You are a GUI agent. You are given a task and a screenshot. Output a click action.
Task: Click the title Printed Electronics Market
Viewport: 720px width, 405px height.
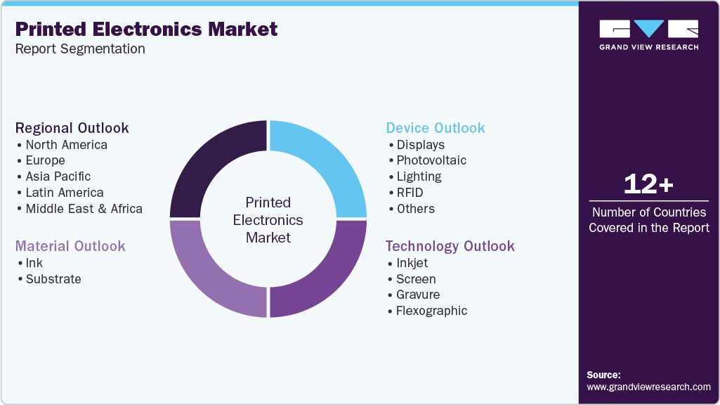point(146,30)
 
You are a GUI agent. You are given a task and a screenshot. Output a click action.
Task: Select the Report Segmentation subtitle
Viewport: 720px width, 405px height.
point(80,49)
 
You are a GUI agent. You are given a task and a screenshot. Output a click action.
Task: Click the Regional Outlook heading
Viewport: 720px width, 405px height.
point(72,128)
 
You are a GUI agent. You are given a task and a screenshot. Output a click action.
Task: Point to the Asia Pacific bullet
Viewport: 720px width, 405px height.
point(58,176)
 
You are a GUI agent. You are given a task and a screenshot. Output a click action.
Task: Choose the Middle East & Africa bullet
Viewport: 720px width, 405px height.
point(84,209)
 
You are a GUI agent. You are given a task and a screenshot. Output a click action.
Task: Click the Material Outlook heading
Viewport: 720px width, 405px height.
point(70,246)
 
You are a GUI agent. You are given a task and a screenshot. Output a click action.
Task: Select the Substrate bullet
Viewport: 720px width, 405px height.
point(53,279)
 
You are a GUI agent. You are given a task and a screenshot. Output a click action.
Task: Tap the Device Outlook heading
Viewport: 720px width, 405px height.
point(436,128)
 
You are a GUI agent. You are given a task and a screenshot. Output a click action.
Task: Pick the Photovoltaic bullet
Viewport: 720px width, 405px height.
point(431,160)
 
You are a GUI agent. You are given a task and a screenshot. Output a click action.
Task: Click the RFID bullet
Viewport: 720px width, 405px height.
point(410,193)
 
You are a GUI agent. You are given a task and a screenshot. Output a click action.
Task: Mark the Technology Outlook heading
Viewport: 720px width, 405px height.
point(450,246)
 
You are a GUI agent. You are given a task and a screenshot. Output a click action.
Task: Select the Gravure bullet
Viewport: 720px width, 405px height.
point(418,295)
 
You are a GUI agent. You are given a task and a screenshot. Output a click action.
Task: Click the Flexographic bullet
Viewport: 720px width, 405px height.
point(431,311)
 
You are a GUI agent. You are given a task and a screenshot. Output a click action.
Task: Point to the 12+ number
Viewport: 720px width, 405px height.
point(648,184)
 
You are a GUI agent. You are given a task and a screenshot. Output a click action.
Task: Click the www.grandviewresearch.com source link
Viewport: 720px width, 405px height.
point(648,387)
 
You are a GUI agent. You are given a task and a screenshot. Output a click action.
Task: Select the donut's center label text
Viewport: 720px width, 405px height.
point(268,220)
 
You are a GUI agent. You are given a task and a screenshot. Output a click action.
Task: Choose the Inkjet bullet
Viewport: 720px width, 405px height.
point(412,263)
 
